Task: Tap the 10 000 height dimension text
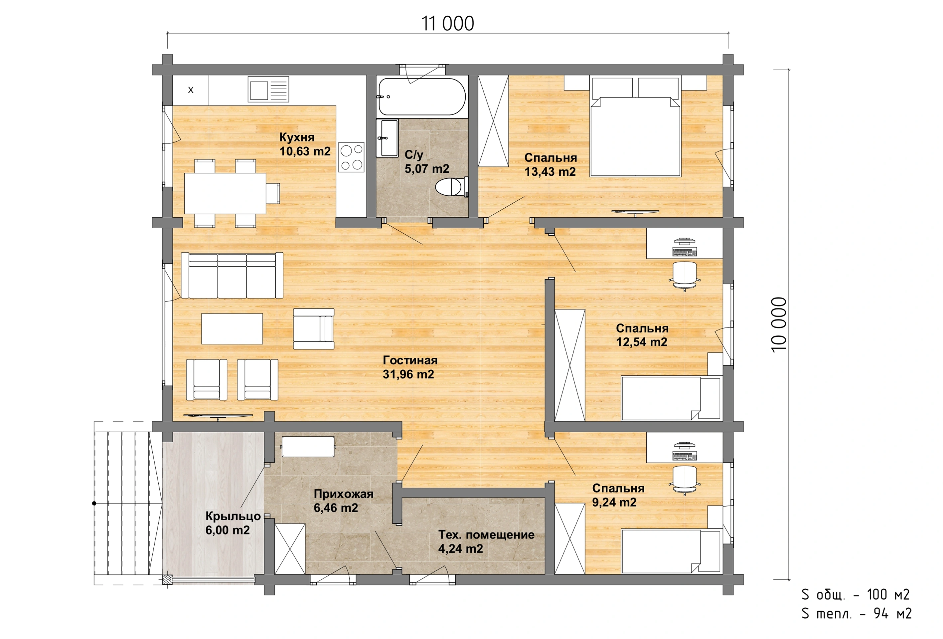[779, 325]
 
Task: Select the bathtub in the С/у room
[421, 97]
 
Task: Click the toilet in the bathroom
[452, 187]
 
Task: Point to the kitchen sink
[268, 89]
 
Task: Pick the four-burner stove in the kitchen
[351, 157]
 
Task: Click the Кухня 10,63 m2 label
[305, 144]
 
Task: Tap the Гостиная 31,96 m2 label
[410, 367]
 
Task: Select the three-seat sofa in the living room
[232, 275]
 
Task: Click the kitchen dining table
[225, 193]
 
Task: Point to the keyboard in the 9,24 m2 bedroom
[685, 456]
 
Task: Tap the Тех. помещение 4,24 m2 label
[486, 541]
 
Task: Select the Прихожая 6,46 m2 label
[343, 501]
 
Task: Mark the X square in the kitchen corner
[191, 90]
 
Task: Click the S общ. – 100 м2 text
[856, 595]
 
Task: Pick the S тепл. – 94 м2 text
[857, 613]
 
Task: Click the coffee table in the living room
[232, 328]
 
